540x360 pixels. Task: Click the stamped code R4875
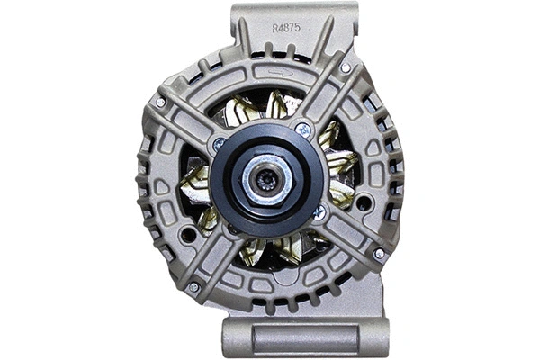click(x=286, y=28)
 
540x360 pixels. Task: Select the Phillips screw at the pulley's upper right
click(x=304, y=130)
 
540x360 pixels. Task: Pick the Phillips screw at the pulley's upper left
click(x=219, y=143)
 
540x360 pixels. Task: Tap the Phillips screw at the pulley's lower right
click(x=319, y=212)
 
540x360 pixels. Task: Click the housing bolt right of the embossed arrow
click(x=346, y=67)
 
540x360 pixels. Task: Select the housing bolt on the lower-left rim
click(x=193, y=287)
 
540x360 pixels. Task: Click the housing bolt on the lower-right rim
click(x=379, y=254)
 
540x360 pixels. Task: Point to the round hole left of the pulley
click(x=187, y=235)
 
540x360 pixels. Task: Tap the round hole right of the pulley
click(x=363, y=203)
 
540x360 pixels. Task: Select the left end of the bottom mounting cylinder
click(x=229, y=337)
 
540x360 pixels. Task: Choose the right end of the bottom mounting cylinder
click(x=383, y=337)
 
